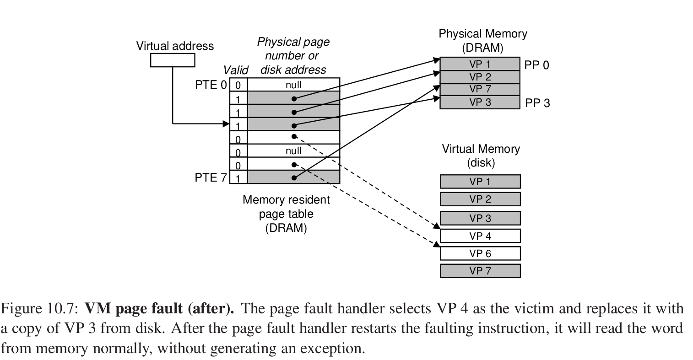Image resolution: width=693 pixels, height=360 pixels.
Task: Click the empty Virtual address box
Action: [173, 60]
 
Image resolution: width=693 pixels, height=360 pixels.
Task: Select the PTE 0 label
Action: [210, 85]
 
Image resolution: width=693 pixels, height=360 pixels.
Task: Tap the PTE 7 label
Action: [210, 177]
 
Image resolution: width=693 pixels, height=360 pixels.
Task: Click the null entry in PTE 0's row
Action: [293, 85]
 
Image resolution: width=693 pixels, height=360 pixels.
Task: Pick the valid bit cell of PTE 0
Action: [238, 85]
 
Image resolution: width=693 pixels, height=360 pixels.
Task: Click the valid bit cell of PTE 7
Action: [238, 177]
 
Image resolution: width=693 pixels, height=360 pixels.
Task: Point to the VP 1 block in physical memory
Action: [479, 64]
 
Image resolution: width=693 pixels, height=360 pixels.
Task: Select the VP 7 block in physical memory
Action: [479, 89]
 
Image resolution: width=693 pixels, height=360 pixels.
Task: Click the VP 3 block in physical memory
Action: [479, 102]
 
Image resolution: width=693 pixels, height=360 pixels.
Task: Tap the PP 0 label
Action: [536, 65]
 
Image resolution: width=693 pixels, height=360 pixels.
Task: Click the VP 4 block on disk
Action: [480, 236]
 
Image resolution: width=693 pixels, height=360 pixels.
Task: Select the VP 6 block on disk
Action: [480, 253]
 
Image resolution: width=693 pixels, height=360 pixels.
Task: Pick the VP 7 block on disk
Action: [480, 271]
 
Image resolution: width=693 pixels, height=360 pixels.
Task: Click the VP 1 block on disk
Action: [480, 182]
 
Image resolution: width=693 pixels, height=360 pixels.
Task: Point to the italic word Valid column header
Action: [235, 70]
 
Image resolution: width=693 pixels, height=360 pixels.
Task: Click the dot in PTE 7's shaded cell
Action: [294, 177]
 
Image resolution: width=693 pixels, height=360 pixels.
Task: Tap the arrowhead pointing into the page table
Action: [226, 124]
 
